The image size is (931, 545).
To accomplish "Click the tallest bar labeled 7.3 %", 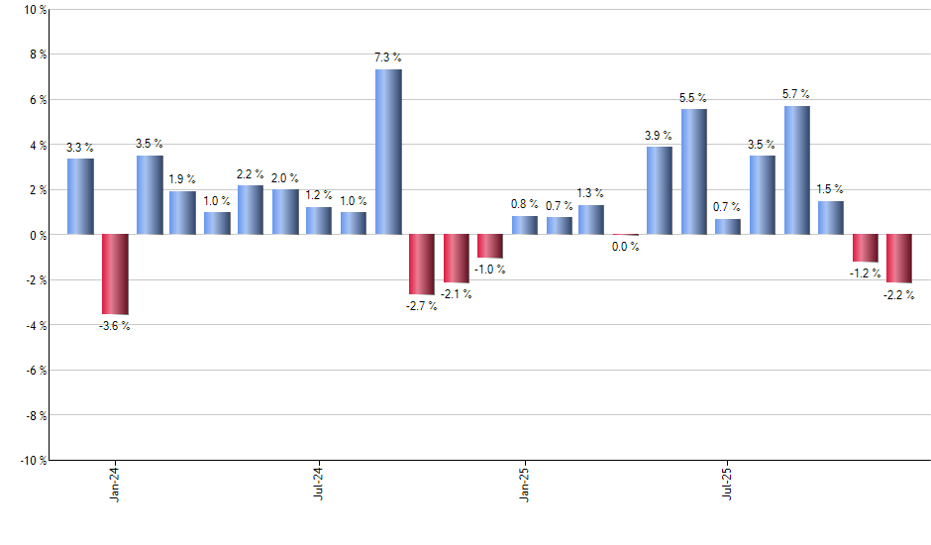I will pos(388,152).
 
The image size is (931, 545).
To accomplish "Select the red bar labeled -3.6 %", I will pos(115,274).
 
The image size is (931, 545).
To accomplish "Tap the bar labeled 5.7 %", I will pos(796,170).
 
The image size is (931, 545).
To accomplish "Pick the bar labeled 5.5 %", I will pos(693,171).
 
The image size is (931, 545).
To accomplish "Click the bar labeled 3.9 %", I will pos(659,190).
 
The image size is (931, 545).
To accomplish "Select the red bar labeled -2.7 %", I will pos(422,265).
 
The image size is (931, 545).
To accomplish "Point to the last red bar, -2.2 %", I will pos(898,259).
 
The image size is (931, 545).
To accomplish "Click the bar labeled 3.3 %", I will pos(80,196).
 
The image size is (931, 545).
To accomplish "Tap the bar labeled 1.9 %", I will pos(182,213).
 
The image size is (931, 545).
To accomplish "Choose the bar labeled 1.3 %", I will pos(591,220).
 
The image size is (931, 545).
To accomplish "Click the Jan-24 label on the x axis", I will pos(115,483).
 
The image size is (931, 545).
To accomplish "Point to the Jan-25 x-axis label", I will pos(525,483).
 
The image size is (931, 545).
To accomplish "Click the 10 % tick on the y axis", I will pos(34,10).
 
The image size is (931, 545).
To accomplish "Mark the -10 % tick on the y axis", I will pos(32,460).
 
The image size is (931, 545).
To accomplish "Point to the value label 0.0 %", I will pos(625,247).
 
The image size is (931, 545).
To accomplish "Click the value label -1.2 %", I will pos(865,272).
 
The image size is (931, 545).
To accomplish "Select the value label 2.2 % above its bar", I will pos(251,173).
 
